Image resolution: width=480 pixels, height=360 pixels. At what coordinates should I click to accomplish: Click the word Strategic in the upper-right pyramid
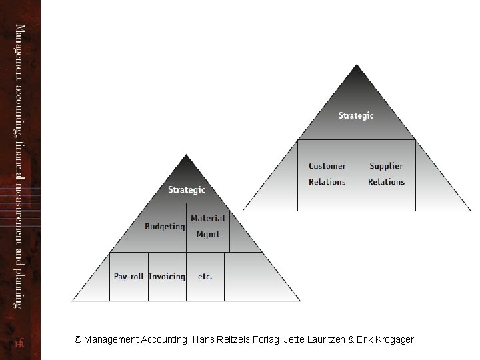pos(356,115)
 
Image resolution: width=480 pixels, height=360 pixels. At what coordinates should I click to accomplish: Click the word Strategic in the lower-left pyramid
pos(187,190)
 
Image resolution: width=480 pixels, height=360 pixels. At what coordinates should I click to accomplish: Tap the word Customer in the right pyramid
pos(327,166)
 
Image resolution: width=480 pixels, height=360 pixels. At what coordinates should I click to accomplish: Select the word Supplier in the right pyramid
pos(386,166)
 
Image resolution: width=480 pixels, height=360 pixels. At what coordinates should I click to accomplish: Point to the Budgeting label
pos(165,227)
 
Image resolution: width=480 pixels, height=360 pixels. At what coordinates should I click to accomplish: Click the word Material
pos(207,218)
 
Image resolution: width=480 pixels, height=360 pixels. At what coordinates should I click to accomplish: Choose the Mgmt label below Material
pos(207,234)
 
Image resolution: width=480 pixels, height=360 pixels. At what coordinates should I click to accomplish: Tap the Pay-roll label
pos(129,277)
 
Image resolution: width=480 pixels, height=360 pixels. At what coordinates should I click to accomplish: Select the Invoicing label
pos(167,277)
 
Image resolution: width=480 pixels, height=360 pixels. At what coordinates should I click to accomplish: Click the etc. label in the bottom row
pos(205,277)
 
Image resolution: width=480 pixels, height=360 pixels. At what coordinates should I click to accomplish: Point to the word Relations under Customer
pos(327,182)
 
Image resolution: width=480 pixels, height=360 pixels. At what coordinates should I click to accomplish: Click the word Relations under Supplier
pos(386,182)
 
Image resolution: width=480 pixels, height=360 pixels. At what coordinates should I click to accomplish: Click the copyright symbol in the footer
pos(78,339)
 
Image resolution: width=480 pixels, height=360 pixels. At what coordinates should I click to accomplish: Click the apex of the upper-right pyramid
pos(357,65)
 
